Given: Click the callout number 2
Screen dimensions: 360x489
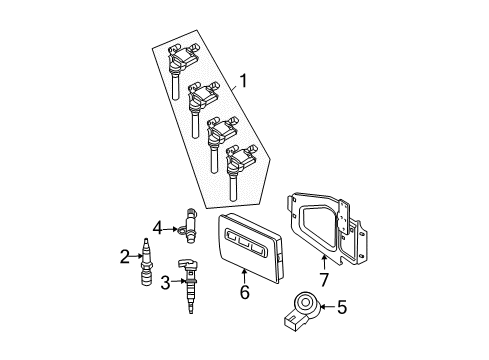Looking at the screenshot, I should point(125,258).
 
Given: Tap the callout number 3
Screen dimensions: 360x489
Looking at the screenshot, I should point(166,283).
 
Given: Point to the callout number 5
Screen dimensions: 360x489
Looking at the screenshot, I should point(342,308).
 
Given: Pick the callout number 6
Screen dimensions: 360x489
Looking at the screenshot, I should point(243,293).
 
